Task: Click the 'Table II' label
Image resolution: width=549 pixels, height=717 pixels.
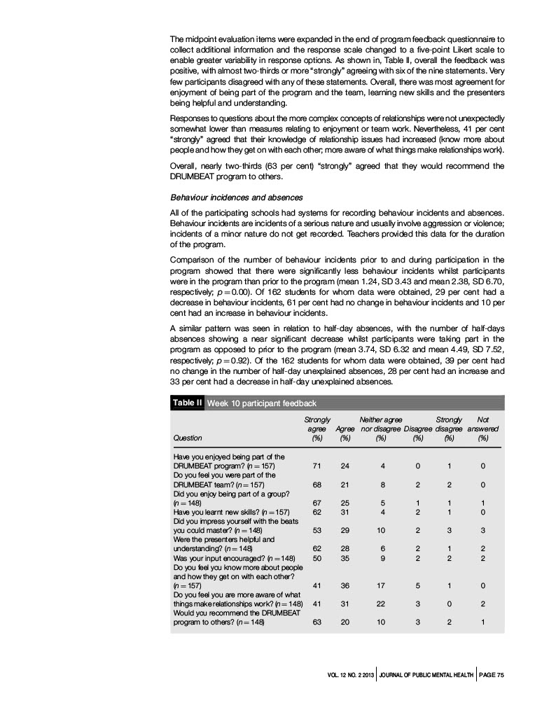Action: [187, 403]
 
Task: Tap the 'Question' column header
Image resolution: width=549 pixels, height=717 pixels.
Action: [187, 438]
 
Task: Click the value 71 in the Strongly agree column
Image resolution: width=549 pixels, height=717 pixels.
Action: [317, 465]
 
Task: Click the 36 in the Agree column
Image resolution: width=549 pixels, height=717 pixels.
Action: [345, 585]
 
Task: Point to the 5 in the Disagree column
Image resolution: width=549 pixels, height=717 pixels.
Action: [418, 585]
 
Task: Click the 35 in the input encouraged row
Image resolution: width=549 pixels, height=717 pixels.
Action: [345, 558]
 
